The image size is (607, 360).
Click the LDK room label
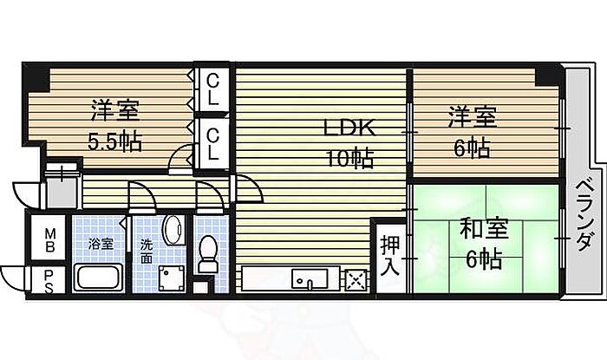tap(349, 128)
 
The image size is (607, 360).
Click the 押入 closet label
tap(389, 252)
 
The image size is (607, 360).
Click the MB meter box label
tap(51, 238)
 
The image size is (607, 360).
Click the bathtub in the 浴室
tap(99, 279)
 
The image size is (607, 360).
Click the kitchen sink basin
tap(304, 280)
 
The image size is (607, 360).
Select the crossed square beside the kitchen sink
tap(356, 280)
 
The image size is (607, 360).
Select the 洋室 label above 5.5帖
tap(114, 111)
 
